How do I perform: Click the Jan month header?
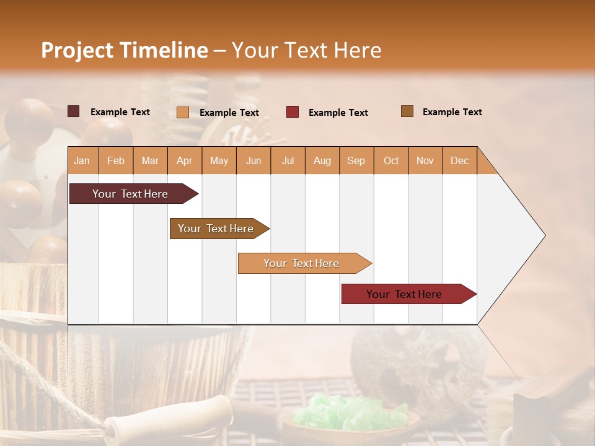coord(82,161)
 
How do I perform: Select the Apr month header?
coord(184,161)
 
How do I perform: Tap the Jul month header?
coord(288,161)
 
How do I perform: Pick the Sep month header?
coord(356,161)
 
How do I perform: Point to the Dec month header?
coord(459,161)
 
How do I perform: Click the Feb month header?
coord(116,161)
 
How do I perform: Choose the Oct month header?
coord(391,161)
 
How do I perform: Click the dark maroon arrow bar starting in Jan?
coord(130,194)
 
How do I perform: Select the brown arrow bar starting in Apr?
coord(216,229)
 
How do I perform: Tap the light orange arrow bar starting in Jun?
coord(301,263)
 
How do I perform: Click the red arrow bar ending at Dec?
coord(404,294)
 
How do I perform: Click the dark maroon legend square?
coord(74,111)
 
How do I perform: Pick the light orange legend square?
coord(183,112)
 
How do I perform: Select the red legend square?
coord(293,112)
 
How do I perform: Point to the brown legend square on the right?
coord(407,111)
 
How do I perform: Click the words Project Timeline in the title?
coord(125,50)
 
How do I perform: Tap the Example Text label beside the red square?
coord(338,113)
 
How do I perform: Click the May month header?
coord(219,161)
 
